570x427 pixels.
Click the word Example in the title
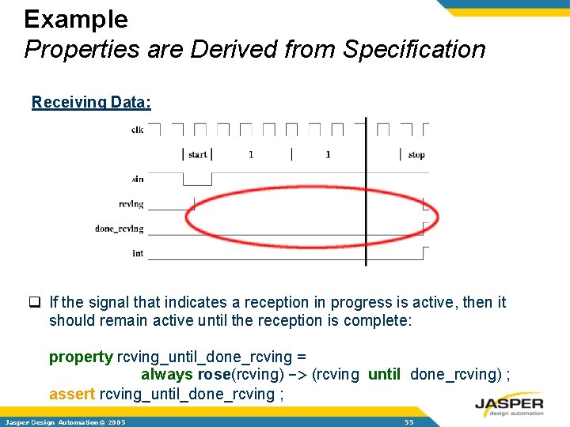point(76,18)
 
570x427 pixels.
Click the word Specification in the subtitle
point(413,49)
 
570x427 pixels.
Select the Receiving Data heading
point(91,102)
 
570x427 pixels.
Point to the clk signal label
point(138,130)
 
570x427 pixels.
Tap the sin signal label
point(138,179)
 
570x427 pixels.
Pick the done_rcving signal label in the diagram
point(120,229)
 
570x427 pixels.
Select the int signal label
point(138,253)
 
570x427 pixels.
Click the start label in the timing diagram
point(198,154)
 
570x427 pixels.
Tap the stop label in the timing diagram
point(416,154)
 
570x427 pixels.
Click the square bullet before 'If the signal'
point(36,302)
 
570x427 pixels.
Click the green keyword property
point(81,357)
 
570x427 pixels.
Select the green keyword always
point(167,375)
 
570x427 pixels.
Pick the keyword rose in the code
point(214,375)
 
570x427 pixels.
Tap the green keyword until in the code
point(384,375)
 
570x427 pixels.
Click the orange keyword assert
point(72,393)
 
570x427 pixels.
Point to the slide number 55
point(408,422)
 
